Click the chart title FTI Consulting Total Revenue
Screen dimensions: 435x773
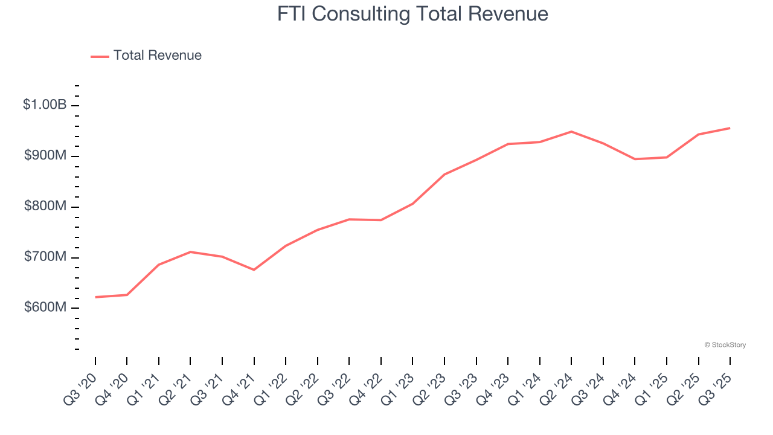pyautogui.click(x=412, y=14)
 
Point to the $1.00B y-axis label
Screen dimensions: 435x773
pyautogui.click(x=45, y=105)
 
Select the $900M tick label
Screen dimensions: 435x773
pyautogui.click(x=45, y=155)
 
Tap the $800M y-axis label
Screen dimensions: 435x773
pyautogui.click(x=45, y=206)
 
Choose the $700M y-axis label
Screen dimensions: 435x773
pyautogui.click(x=45, y=257)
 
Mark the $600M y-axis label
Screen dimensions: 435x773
pyautogui.click(x=45, y=308)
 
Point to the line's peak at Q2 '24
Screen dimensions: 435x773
pyautogui.click(x=571, y=132)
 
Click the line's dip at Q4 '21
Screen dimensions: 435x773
pyautogui.click(x=254, y=269)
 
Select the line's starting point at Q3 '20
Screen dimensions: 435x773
pyautogui.click(x=95, y=297)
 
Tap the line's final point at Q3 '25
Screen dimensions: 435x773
pyautogui.click(x=730, y=128)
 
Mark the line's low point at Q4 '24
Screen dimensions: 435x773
pyautogui.click(x=635, y=159)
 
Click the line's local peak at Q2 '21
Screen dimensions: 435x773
pyautogui.click(x=190, y=252)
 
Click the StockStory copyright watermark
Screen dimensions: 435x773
pyautogui.click(x=725, y=345)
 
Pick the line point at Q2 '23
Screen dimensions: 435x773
pyautogui.click(x=444, y=175)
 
